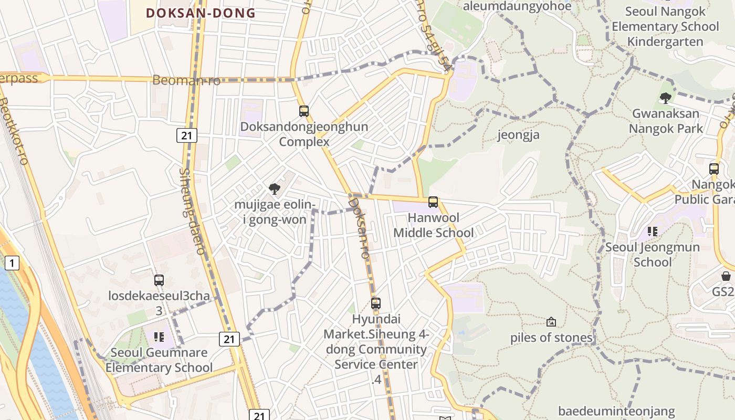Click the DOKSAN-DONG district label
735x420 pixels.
[201, 13]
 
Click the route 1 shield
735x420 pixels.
[12, 262]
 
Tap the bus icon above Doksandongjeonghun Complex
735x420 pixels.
[304, 111]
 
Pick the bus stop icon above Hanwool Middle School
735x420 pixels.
[433, 202]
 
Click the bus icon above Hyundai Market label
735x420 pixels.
[376, 303]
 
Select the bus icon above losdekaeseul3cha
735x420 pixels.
[159, 280]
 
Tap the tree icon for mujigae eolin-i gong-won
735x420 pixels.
[274, 189]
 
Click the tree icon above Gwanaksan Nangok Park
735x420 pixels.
[666, 98]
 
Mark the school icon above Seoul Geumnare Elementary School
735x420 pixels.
[159, 337]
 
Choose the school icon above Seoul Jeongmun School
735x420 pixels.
[653, 232]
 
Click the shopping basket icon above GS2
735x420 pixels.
[726, 276]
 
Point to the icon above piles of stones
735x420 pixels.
[551, 322]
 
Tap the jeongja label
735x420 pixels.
[518, 135]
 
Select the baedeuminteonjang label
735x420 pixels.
[616, 411]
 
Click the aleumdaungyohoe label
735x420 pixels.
[517, 6]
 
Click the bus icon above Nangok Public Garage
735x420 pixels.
[714, 169]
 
